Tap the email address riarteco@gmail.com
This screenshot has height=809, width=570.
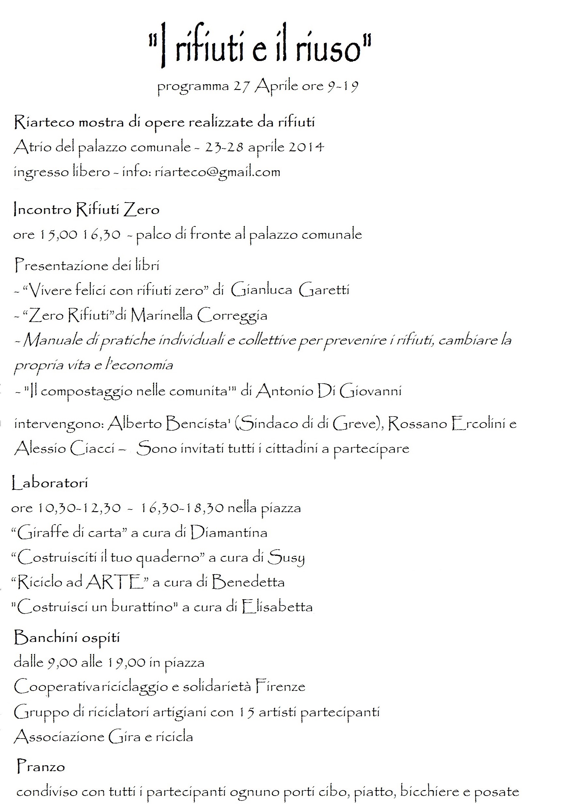(x=217, y=172)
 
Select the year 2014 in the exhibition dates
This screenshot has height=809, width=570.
(x=306, y=146)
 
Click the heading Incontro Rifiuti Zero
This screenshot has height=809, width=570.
(x=86, y=210)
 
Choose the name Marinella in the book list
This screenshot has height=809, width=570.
(x=162, y=315)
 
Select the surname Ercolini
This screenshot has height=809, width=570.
(x=478, y=423)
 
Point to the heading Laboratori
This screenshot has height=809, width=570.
(x=50, y=482)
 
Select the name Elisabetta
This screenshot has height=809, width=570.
(x=277, y=607)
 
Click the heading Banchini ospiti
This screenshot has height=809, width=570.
(x=67, y=637)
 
